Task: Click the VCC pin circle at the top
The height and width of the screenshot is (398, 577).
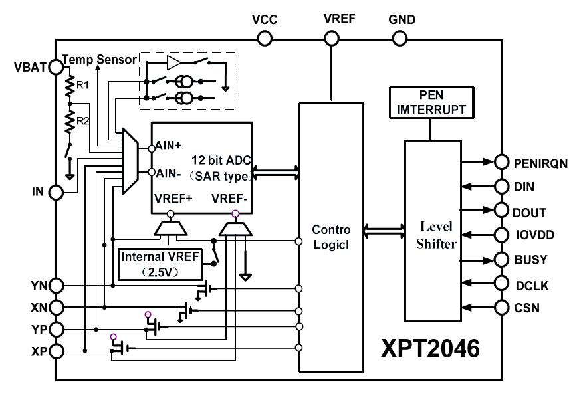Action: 265,38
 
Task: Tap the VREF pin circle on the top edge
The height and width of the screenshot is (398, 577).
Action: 330,38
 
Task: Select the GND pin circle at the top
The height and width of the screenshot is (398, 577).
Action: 399,38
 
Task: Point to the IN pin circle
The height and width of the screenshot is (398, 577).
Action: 56,193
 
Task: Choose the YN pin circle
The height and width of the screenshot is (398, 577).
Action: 56,286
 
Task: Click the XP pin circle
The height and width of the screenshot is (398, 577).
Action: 56,350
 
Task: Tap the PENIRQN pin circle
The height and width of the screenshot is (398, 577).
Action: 501,161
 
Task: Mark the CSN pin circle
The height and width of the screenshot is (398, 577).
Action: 501,308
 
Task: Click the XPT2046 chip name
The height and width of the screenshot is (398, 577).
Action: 429,349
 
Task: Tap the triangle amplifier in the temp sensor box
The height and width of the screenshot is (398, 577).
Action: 174,63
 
